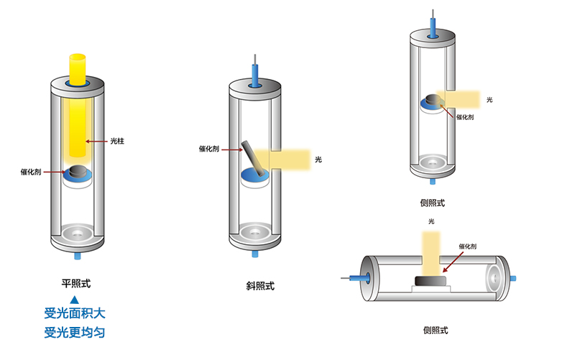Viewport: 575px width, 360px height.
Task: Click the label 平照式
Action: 75,282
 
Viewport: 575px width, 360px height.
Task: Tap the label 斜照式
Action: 260,286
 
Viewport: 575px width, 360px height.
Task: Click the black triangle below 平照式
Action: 74,297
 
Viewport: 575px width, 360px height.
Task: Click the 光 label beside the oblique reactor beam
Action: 318,159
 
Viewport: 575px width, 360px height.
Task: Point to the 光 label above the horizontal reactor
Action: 431,221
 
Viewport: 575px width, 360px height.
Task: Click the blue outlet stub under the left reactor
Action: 76,254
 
